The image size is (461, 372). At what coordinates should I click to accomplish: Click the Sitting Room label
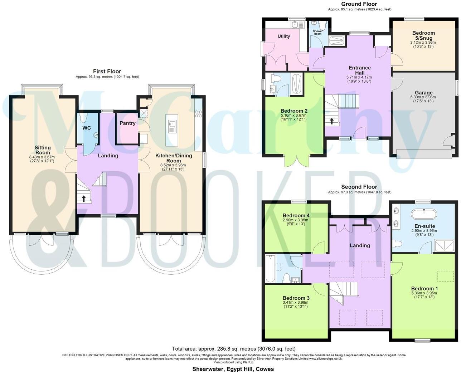tap(43, 150)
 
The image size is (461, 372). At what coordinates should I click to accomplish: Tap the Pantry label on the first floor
tap(127, 123)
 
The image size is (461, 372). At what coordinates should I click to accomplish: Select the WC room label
tap(86, 128)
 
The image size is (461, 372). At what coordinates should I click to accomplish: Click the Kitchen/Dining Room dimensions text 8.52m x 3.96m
tap(173, 165)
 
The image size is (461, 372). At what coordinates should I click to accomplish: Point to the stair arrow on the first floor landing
tap(84, 198)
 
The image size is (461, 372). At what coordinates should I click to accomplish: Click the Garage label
tap(423, 93)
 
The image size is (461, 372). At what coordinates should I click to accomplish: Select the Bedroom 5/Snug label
tap(423, 35)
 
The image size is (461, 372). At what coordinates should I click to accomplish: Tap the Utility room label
tap(284, 36)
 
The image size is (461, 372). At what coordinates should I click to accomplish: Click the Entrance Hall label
tap(360, 70)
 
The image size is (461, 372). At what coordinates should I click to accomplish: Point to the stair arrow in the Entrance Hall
tap(332, 121)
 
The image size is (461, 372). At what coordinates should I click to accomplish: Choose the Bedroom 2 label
tap(294, 111)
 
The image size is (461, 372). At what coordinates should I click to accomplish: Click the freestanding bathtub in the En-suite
tap(423, 215)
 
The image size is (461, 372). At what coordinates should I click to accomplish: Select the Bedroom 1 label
tap(424, 289)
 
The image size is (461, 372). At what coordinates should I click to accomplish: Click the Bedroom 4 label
tap(296, 215)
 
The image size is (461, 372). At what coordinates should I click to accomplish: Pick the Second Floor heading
tap(359, 187)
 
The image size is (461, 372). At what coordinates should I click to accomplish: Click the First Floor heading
tap(107, 72)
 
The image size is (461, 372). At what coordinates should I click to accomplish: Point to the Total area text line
tap(234, 348)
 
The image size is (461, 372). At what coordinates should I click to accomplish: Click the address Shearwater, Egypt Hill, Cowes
tap(233, 369)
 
